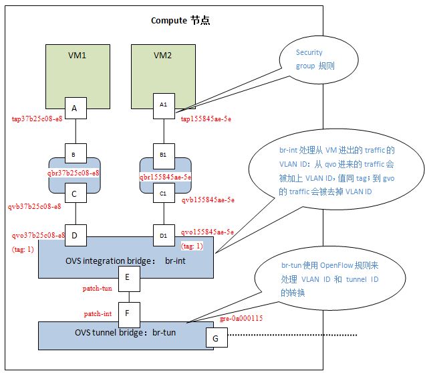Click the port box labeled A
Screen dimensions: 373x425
tap(75, 108)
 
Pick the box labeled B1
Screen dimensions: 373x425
tap(162, 153)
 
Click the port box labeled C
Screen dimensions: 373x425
tap(75, 195)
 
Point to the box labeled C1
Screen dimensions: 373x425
tap(162, 195)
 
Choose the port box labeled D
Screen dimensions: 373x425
tap(75, 236)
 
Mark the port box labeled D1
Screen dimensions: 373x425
tap(162, 236)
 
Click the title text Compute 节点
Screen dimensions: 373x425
tap(180, 19)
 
